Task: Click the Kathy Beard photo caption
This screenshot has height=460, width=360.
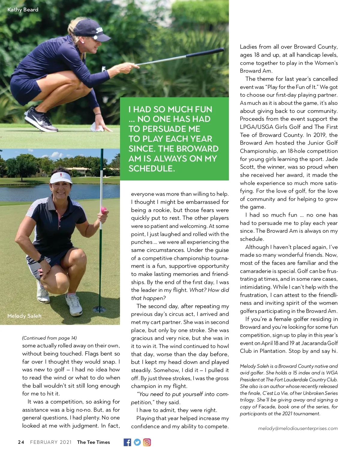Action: (x=23, y=10)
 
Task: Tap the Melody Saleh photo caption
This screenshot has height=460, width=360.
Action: (x=24, y=316)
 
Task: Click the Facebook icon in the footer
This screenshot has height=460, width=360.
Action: (x=127, y=442)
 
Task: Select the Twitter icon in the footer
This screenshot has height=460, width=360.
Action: (x=137, y=442)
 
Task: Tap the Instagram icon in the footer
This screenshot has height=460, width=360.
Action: (x=147, y=442)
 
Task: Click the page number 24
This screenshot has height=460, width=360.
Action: (x=21, y=442)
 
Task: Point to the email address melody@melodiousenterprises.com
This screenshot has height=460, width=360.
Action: (x=298, y=428)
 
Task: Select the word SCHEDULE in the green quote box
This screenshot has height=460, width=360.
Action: (x=151, y=168)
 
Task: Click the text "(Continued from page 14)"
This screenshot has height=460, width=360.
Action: (x=49, y=338)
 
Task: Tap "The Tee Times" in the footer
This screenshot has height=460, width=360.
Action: (x=93, y=442)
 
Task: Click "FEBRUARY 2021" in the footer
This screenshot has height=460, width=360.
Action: (x=51, y=442)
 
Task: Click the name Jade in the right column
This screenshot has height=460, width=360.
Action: (x=332, y=159)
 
